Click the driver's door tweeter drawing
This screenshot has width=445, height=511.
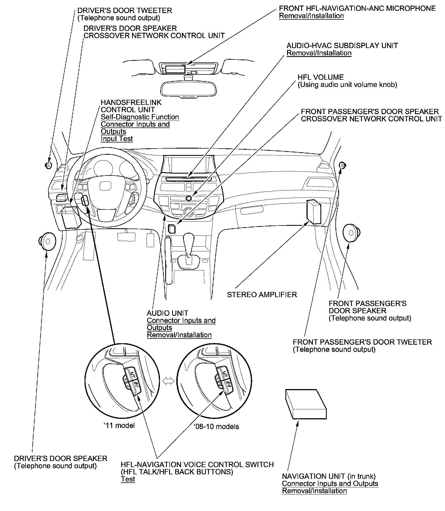point(48,166)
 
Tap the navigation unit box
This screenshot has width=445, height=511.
point(306,404)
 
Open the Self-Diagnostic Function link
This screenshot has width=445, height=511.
point(140,117)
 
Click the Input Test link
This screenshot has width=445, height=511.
point(117,139)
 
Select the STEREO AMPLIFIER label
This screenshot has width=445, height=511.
point(262,295)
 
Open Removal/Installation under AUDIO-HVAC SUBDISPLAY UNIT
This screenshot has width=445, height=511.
point(319,53)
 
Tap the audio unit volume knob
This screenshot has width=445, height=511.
point(189,198)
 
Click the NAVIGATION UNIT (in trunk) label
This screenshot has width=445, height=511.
point(329,476)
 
